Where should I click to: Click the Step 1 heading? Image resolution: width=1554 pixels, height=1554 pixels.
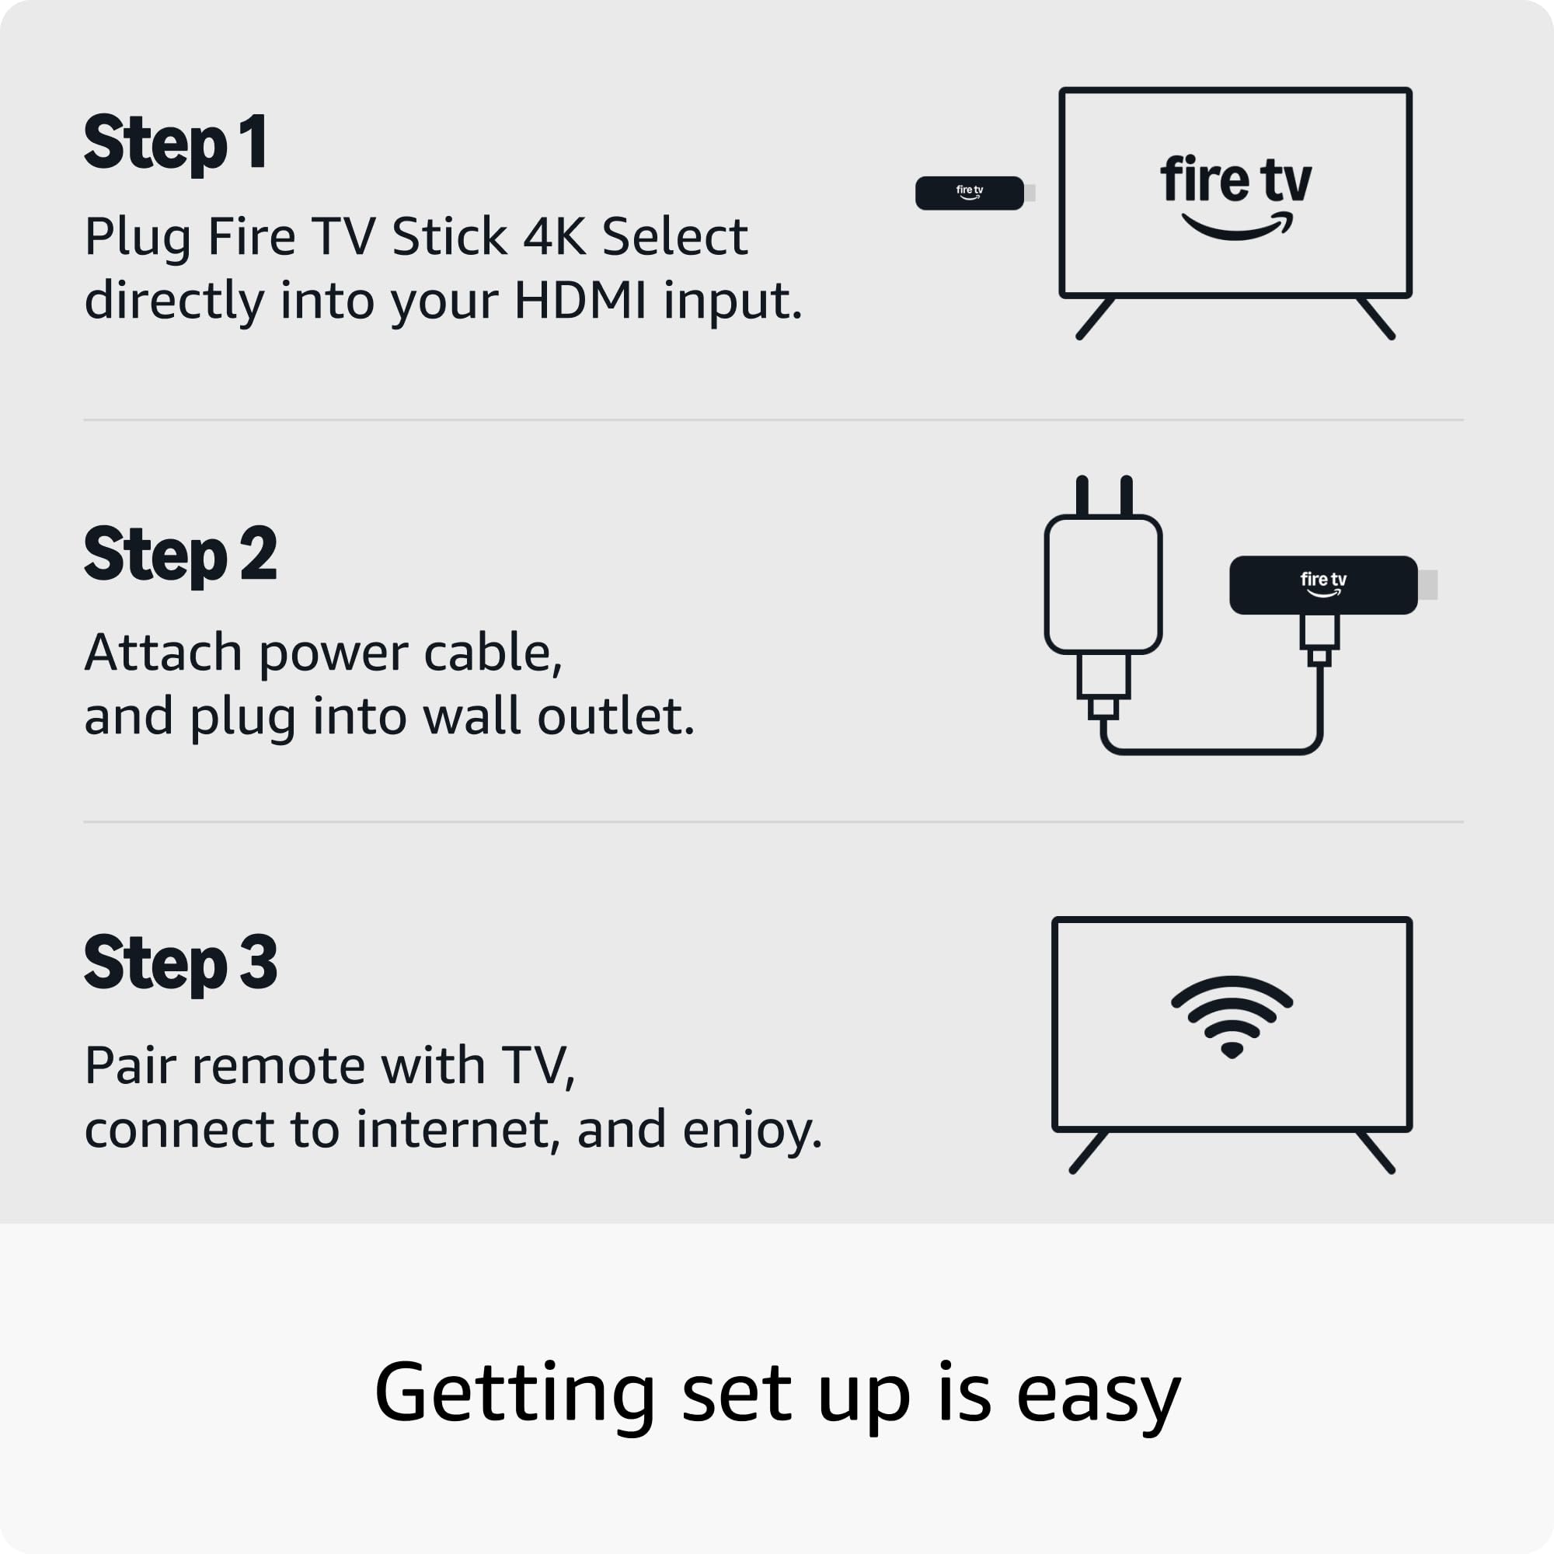click(x=176, y=144)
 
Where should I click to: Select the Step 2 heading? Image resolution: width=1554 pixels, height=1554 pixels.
click(x=181, y=555)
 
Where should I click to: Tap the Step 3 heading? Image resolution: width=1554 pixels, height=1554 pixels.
click(x=181, y=963)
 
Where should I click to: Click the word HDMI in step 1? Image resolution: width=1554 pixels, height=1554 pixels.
click(x=580, y=301)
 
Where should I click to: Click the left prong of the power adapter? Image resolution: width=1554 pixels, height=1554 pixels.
click(x=1082, y=496)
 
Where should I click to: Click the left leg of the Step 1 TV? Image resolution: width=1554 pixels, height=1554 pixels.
click(x=1096, y=318)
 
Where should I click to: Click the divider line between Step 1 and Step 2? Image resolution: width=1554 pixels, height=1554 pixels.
click(x=773, y=420)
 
